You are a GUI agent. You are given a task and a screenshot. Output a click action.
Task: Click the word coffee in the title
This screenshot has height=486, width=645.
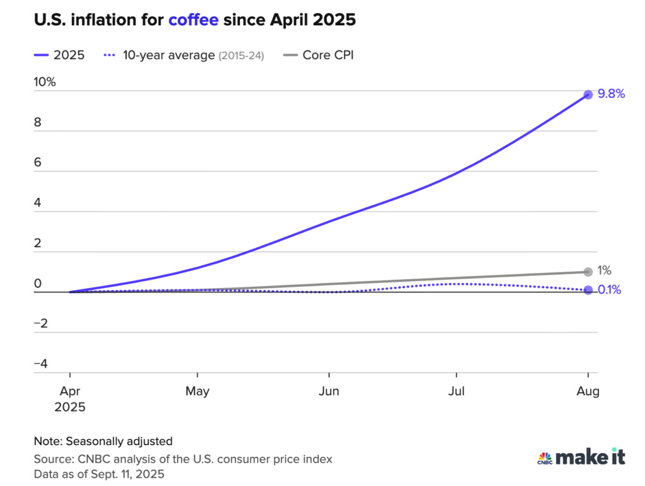pos(193,20)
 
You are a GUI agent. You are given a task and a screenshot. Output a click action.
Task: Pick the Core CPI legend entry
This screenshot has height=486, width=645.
pos(328,55)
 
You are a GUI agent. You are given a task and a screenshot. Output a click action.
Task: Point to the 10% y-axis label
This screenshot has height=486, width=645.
pos(45,82)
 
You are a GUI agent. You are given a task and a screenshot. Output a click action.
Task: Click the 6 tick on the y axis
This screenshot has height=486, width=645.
pos(37,163)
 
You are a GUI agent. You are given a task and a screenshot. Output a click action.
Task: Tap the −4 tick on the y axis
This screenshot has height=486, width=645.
pos(40,364)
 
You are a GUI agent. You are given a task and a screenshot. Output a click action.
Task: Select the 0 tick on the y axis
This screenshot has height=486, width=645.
pos(37,283)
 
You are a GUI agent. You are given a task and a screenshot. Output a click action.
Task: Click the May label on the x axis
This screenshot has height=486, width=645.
pos(197,391)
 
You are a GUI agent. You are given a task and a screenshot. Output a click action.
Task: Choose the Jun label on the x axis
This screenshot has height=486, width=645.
pos(329,391)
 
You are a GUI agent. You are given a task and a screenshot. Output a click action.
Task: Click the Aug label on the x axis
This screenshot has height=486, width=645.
pos(588,391)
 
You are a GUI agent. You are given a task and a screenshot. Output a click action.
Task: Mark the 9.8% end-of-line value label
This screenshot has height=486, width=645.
pos(611,94)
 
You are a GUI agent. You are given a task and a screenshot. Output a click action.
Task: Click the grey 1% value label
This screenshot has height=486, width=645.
pos(605,271)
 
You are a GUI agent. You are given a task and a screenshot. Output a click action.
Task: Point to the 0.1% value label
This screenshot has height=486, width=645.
pos(610,290)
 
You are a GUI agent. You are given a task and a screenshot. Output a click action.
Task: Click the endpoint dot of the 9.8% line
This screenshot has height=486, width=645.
pos(588,95)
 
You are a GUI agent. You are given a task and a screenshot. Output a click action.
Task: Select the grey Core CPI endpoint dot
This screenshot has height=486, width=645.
pos(588,272)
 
